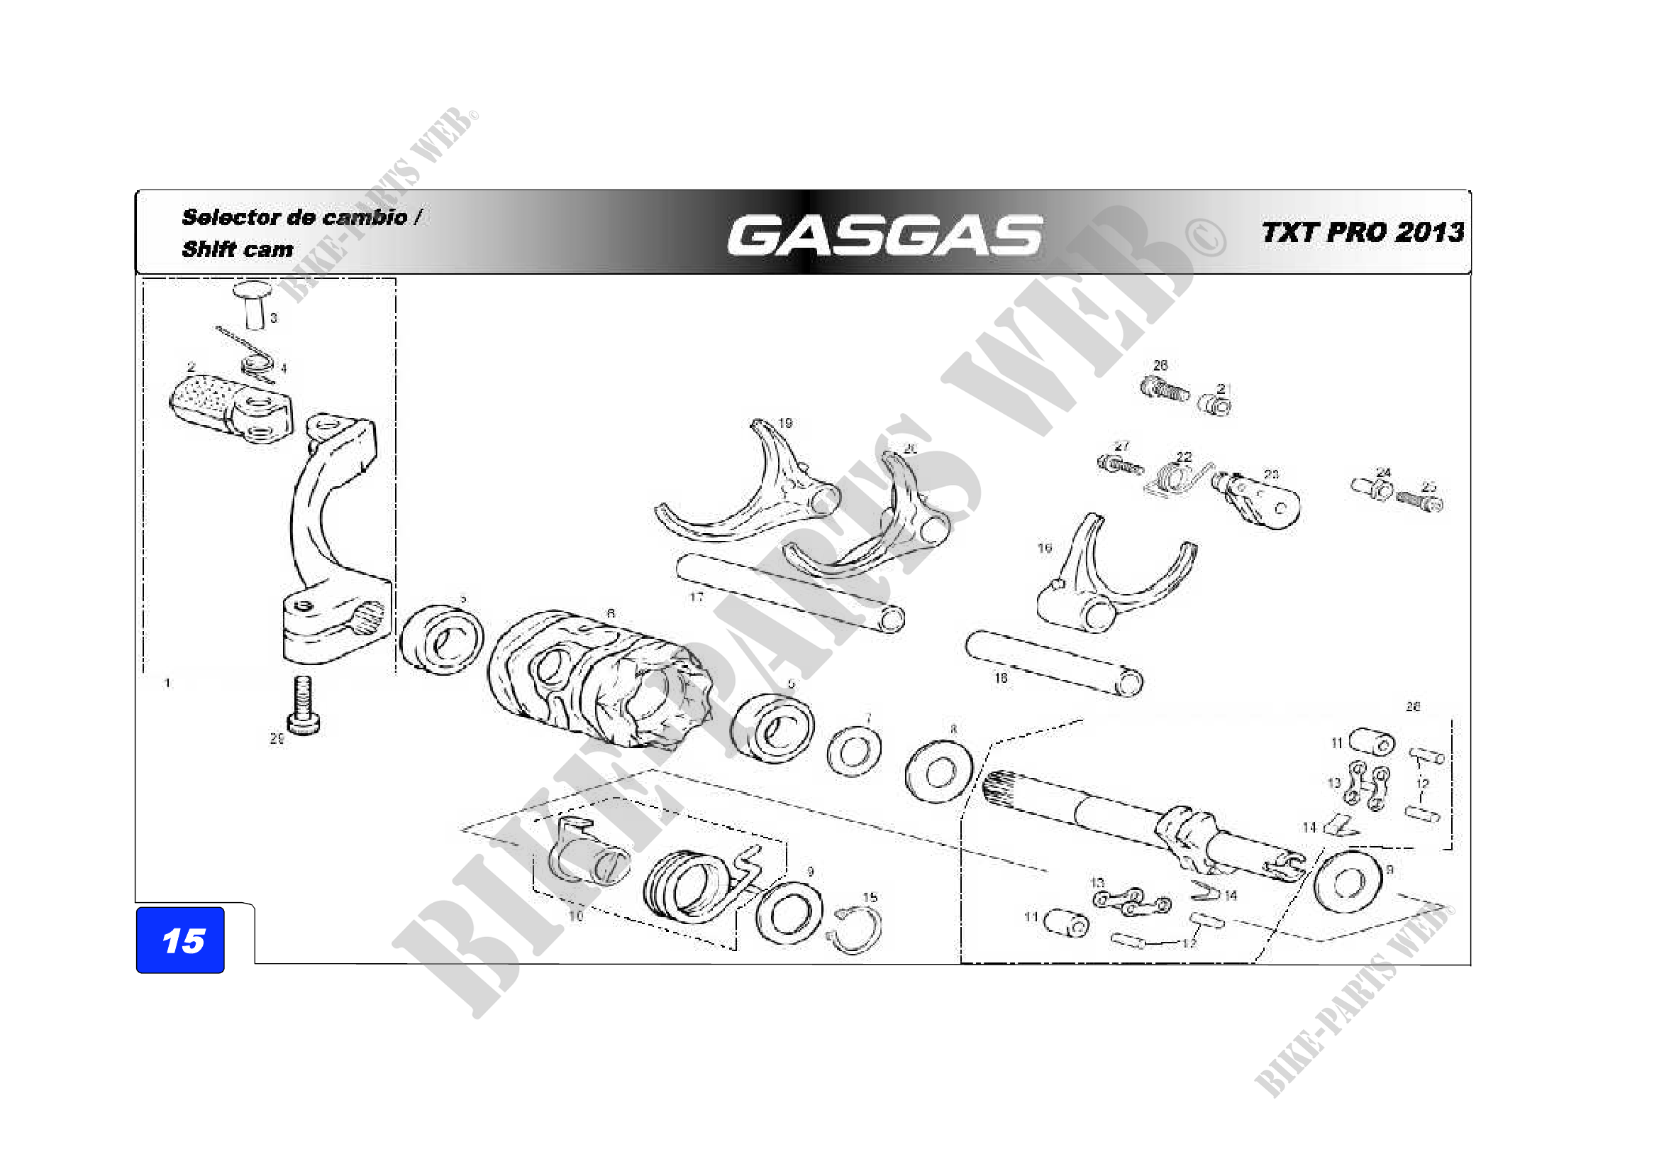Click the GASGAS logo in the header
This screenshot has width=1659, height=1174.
[x=884, y=235]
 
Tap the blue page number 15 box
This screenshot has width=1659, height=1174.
[x=180, y=940]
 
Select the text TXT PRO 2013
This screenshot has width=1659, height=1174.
[x=1362, y=233]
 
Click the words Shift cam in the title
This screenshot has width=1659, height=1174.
[x=237, y=249]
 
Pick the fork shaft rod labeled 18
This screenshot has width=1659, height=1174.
[x=1055, y=662]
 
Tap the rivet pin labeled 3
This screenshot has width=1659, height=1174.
[x=254, y=304]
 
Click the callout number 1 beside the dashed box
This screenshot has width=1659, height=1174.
[x=167, y=683]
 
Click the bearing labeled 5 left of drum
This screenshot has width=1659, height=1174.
[x=441, y=640]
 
